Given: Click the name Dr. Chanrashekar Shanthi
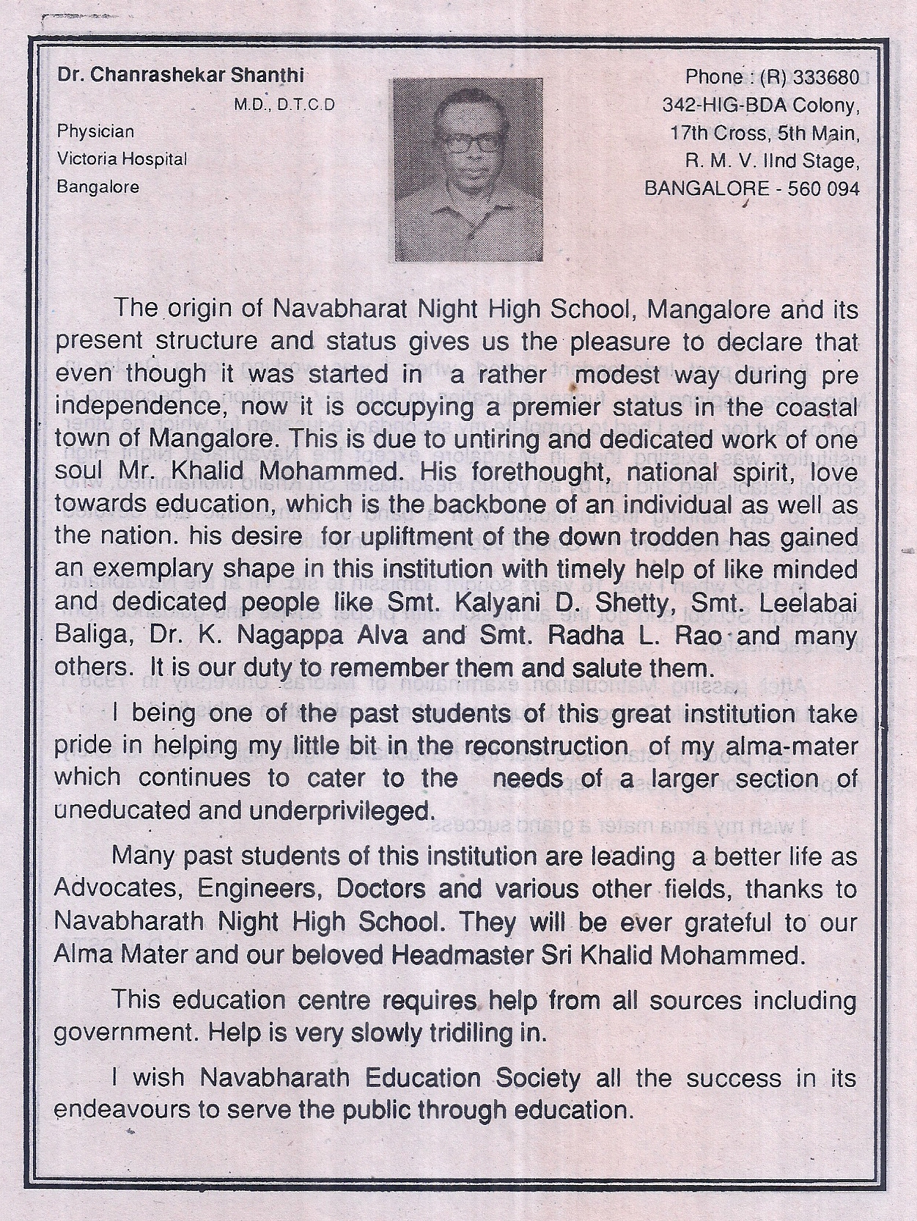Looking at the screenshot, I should pyautogui.click(x=180, y=76).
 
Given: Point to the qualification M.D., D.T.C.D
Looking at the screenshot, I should pyautogui.click(x=284, y=105).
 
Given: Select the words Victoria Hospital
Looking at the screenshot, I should pyautogui.click(x=122, y=158).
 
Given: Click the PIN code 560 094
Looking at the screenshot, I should pyautogui.click(x=822, y=188).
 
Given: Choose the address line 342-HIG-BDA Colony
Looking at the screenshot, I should pyautogui.click(x=759, y=105).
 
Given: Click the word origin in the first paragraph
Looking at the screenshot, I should pyautogui.click(x=199, y=309).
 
